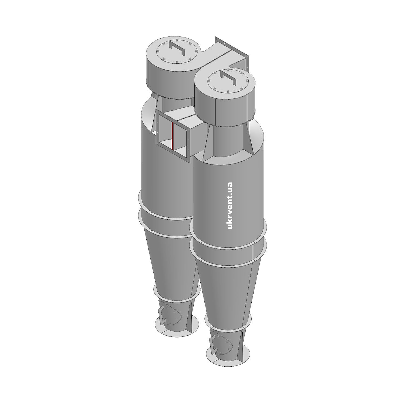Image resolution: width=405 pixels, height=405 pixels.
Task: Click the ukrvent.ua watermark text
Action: pos(230,206)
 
